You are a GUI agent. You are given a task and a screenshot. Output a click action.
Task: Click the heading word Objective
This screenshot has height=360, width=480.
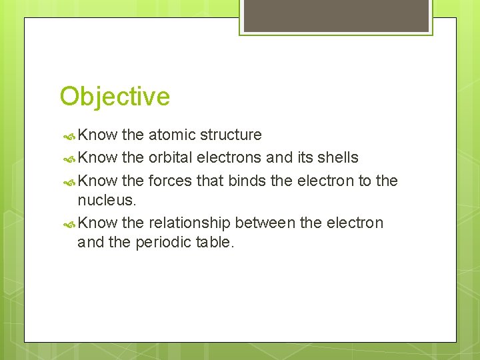click(x=115, y=97)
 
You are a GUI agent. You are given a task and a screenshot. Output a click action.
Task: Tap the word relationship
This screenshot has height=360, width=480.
click(x=189, y=223)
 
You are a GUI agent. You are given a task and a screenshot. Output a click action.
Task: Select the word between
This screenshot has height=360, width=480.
click(x=265, y=223)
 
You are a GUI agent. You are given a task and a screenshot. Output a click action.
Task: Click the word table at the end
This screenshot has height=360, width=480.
click(x=215, y=242)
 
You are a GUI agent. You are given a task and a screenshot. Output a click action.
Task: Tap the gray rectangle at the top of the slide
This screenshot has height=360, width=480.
click(x=335, y=15)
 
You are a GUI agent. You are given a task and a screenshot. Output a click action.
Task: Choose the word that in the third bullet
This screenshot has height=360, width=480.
click(x=211, y=181)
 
